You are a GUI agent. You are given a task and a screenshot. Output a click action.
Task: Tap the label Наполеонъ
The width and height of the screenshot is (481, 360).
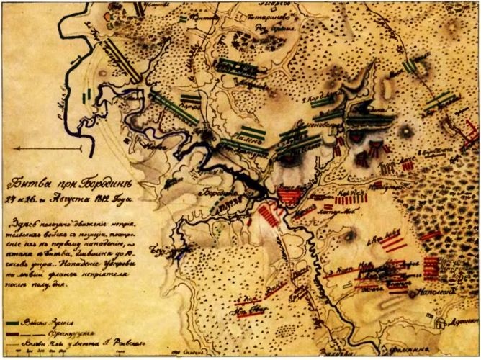pyautogui.click(x=443, y=294)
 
